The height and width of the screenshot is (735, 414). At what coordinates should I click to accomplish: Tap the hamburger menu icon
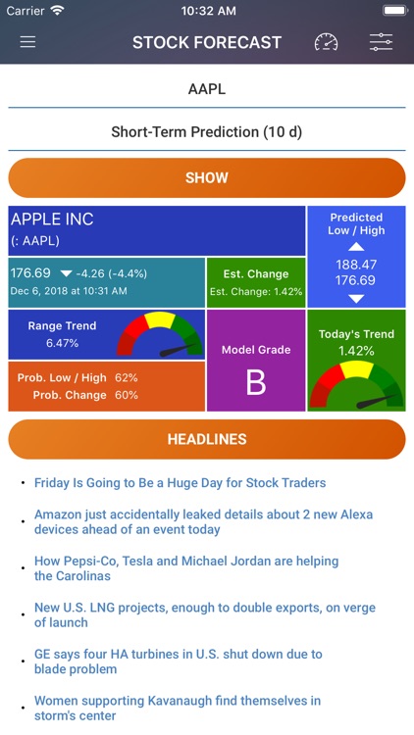tap(27, 42)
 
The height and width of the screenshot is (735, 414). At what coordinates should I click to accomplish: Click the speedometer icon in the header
tap(326, 42)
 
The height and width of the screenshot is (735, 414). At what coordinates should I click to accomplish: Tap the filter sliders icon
tap(381, 42)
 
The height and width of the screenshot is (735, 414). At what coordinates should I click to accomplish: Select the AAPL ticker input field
tap(207, 89)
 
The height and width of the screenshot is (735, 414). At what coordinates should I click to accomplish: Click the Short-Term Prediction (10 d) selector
tap(207, 131)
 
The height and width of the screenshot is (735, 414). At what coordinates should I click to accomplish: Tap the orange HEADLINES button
tap(207, 439)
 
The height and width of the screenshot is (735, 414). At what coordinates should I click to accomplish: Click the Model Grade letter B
tap(255, 383)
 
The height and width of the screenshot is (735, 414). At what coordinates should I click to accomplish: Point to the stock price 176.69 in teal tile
tap(29, 272)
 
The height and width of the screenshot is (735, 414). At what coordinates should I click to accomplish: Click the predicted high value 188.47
tap(356, 265)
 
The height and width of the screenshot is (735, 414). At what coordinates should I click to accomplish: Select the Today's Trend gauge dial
tap(356, 385)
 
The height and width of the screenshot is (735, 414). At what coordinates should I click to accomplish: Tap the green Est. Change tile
tap(255, 281)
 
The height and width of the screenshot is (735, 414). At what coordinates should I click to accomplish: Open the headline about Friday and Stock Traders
tap(180, 483)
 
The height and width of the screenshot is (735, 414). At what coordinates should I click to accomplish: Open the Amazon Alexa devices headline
tap(203, 521)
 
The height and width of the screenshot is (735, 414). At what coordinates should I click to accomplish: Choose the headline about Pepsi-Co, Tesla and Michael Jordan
tap(186, 568)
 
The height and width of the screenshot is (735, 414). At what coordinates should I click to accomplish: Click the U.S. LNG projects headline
tap(204, 615)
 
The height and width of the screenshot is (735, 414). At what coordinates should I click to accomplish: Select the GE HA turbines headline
tap(178, 661)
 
